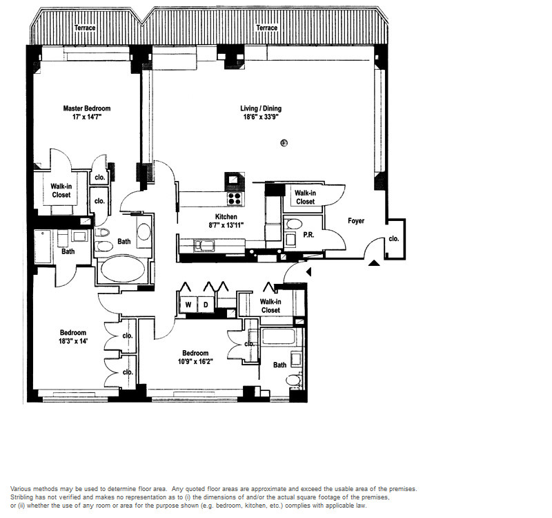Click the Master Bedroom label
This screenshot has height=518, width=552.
[x=87, y=108]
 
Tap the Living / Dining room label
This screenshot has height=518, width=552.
[x=261, y=108]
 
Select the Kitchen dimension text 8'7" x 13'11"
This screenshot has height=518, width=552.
[x=226, y=225]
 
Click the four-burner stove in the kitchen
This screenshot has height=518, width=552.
[x=234, y=199]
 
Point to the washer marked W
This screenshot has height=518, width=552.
[x=188, y=305]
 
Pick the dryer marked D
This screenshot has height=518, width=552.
[x=206, y=305]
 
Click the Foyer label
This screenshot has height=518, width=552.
[x=356, y=221]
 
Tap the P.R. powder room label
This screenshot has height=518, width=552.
[x=308, y=235]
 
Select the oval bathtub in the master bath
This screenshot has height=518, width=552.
[x=123, y=269]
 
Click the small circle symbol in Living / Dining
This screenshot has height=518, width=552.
[x=284, y=143]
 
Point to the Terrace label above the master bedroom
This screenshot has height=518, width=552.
[x=85, y=28]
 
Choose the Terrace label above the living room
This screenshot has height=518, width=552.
[x=266, y=28]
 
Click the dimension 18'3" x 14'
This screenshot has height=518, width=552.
[x=73, y=341]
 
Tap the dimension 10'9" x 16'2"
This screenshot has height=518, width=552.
[x=195, y=361]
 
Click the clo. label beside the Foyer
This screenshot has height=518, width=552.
[x=394, y=239]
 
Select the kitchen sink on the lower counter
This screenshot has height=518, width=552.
[x=204, y=246]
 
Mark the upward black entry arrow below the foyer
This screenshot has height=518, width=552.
[x=374, y=263]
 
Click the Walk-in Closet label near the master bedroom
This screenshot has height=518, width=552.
[x=61, y=191]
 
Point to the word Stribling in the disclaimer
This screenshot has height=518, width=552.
[x=22, y=497]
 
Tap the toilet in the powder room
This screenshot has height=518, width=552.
[x=295, y=224]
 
